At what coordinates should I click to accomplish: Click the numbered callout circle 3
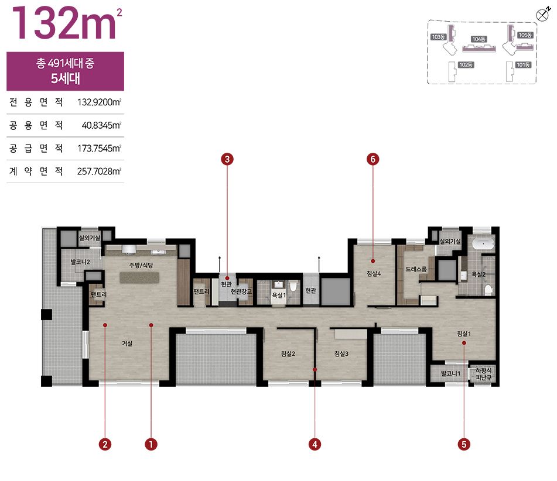227,159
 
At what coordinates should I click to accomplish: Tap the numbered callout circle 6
373,159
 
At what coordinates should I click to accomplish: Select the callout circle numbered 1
151,444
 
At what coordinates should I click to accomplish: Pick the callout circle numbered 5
464,444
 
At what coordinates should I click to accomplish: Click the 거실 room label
127,343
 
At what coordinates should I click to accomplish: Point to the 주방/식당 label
141,265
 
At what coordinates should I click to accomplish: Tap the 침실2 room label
288,353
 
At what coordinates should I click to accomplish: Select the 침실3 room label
341,353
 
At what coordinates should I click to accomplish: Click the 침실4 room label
374,273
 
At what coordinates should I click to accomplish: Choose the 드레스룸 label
416,269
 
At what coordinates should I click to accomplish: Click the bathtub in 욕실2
483,244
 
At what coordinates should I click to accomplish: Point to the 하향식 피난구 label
483,374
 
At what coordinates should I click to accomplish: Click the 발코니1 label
450,373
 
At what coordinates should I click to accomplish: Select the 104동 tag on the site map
479,39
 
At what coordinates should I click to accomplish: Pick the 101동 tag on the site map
523,64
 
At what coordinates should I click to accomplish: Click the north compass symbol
542,15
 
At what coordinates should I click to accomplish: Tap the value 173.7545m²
99,148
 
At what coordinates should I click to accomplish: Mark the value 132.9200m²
99,102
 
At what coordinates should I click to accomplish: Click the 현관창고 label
241,291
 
